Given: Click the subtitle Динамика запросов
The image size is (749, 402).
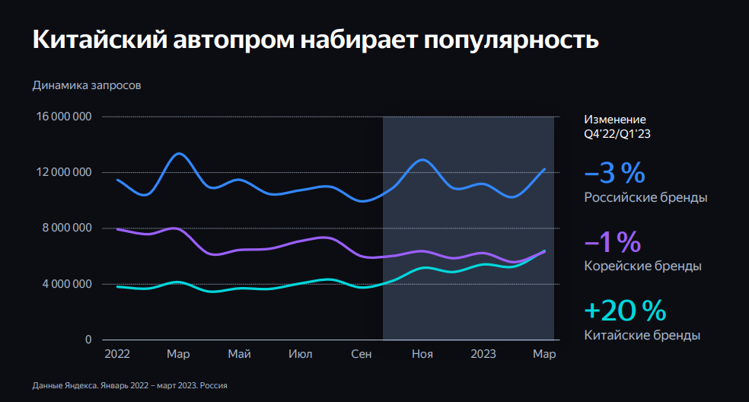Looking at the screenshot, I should pyautogui.click(x=87, y=85).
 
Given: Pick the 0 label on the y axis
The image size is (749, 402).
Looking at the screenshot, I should pyautogui.click(x=88, y=340).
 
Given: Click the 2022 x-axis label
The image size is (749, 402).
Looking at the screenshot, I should pyautogui.click(x=117, y=354).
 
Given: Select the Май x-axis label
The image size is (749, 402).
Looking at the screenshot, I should pyautogui.click(x=239, y=354).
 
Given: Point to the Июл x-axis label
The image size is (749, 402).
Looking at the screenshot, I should pyautogui.click(x=301, y=354).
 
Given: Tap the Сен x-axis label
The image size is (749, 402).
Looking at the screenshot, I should pyautogui.click(x=362, y=354).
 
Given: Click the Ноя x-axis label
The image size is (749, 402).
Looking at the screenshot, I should pyautogui.click(x=422, y=354).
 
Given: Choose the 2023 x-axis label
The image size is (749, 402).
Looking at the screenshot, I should pyautogui.click(x=483, y=354).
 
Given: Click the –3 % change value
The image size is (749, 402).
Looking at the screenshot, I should pyautogui.click(x=614, y=174).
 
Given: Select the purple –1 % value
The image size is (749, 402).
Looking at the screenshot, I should pyautogui.click(x=613, y=242).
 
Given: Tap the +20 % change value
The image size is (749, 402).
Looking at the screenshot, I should pyautogui.click(x=625, y=311).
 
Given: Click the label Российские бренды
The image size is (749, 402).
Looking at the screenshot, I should pyautogui.click(x=645, y=198).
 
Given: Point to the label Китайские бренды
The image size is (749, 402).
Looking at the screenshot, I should pyautogui.click(x=642, y=335).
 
